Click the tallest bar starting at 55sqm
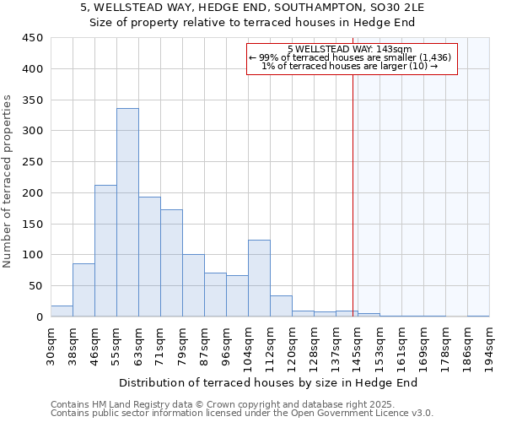pos(127,213)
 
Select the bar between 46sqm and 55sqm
pos(105,251)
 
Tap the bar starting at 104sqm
pos(259,279)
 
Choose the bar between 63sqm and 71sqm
pos(149,257)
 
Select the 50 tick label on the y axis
pos(33,286)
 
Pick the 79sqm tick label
pos(182,344)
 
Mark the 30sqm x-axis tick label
pos(51,344)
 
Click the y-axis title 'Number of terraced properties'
pos(8,181)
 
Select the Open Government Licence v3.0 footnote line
pos(242,414)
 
